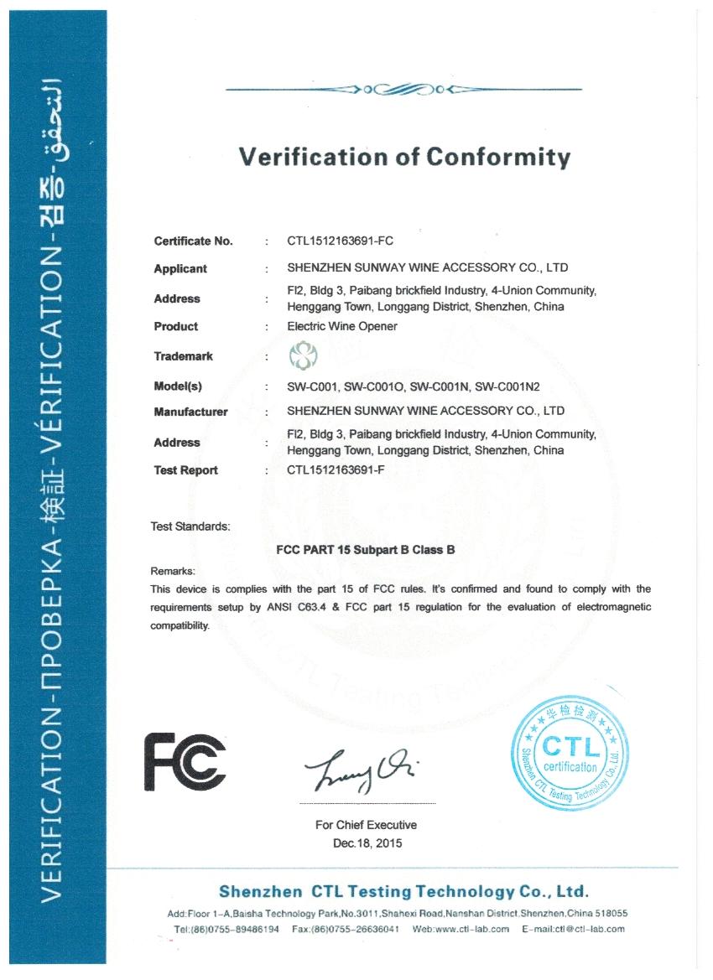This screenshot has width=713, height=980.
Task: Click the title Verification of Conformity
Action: coord(404,157)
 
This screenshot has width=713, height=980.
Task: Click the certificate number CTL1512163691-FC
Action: coord(340,241)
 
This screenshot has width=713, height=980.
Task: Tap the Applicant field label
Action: coord(180,269)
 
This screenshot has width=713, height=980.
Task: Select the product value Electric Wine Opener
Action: coord(342,326)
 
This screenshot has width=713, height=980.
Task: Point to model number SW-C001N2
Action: coord(507,386)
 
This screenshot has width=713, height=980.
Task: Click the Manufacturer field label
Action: coord(190,412)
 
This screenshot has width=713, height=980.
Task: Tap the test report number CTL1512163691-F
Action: coord(336,470)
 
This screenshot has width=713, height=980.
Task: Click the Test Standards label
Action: coord(190,526)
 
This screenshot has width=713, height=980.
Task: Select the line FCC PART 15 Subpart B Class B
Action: coord(366,551)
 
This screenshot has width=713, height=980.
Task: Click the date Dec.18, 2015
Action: coord(367,843)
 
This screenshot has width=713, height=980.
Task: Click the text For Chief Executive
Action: coord(366,825)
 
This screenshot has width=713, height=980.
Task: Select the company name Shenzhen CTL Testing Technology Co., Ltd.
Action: coord(403,890)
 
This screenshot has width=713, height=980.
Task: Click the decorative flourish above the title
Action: coord(404,89)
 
